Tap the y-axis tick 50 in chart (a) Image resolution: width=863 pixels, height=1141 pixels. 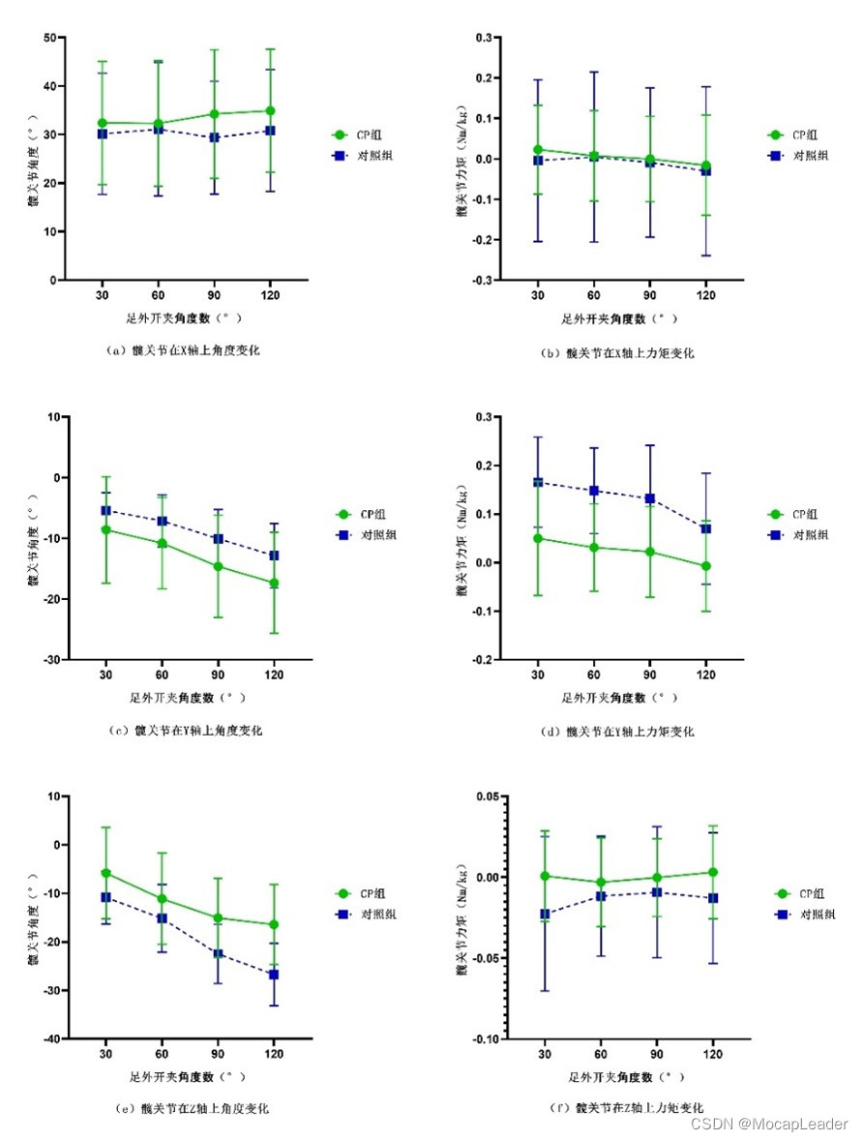coord(47,38)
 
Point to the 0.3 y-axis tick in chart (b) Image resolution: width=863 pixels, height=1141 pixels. coord(482,38)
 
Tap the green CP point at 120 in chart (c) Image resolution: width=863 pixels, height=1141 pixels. coord(273,584)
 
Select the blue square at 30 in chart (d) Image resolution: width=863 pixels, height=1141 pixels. coord(538,482)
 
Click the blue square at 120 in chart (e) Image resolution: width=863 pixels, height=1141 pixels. coord(273,975)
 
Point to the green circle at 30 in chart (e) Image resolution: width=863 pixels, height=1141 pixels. coord(105,873)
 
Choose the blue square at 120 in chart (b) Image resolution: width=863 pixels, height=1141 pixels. coord(705,170)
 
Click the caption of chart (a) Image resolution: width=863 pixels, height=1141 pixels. coord(182,351)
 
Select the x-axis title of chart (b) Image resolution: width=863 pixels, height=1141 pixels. coord(619,318)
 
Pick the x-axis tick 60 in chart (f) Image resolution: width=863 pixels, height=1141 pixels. coord(601,1054)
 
